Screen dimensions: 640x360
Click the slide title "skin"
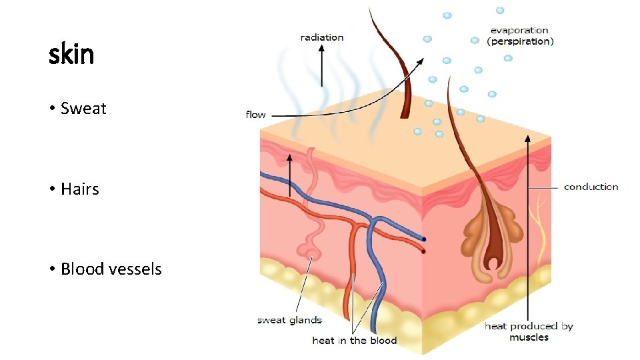coord(71,54)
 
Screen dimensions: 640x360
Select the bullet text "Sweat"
coord(83,109)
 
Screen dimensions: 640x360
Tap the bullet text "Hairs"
coord(79,189)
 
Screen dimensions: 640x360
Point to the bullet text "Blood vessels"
coord(111,269)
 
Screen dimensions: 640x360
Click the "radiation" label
coord(322,37)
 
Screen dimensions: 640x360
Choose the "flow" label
coord(256,115)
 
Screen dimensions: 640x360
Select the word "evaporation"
coord(519,30)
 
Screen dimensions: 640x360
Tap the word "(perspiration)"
coord(520,41)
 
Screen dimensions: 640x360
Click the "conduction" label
coord(591,187)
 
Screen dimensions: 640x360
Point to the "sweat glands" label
coord(289,320)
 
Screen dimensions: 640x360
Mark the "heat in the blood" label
coord(354,341)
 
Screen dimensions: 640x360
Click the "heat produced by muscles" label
coord(529,331)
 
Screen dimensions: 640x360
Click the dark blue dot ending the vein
coord(423,239)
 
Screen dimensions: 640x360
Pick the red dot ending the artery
coord(423,251)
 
